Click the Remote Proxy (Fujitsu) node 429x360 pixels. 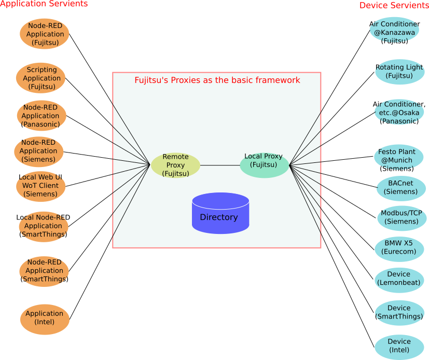[x=175, y=165]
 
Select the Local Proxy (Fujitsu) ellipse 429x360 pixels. [x=264, y=165]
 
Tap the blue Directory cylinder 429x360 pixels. [x=220, y=213]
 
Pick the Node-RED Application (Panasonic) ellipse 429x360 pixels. [x=41, y=116]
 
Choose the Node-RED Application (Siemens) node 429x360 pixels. [x=39, y=151]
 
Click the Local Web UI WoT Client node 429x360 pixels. [x=40, y=186]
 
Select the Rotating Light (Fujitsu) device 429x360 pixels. [x=399, y=72]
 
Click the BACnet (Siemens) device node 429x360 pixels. [x=401, y=188]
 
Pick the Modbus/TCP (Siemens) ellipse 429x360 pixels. [x=402, y=217]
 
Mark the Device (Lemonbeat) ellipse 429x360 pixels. [x=399, y=279]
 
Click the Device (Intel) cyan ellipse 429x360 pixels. [x=399, y=346]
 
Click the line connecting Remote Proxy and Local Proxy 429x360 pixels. [x=220, y=165]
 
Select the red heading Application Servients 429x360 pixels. [x=44, y=4]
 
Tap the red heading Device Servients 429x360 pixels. [x=394, y=5]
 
